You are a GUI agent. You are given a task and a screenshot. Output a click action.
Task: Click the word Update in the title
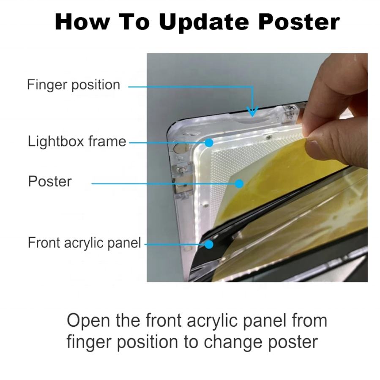click(x=204, y=22)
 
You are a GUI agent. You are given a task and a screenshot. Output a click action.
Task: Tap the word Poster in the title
click(x=299, y=22)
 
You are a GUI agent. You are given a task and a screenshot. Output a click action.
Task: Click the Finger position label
click(x=74, y=85)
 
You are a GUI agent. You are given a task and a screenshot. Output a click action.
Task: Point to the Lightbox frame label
click(x=77, y=141)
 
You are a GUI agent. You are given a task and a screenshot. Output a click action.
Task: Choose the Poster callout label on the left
click(x=50, y=181)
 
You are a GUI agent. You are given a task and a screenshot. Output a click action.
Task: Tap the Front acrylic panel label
click(x=84, y=243)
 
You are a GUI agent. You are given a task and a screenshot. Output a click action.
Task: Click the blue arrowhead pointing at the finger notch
click(x=252, y=112)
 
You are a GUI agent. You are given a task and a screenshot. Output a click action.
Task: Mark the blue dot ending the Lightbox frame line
click(x=209, y=142)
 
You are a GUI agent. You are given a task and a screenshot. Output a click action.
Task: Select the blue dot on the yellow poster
click(x=239, y=184)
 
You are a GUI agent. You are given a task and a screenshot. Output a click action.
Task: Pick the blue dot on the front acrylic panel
click(x=209, y=244)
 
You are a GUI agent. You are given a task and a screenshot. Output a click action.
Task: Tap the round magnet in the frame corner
click(x=180, y=148)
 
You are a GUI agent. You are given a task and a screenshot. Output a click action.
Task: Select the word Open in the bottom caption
click(x=88, y=321)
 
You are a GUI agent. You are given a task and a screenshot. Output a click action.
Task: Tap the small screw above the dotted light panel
click(x=268, y=138)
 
